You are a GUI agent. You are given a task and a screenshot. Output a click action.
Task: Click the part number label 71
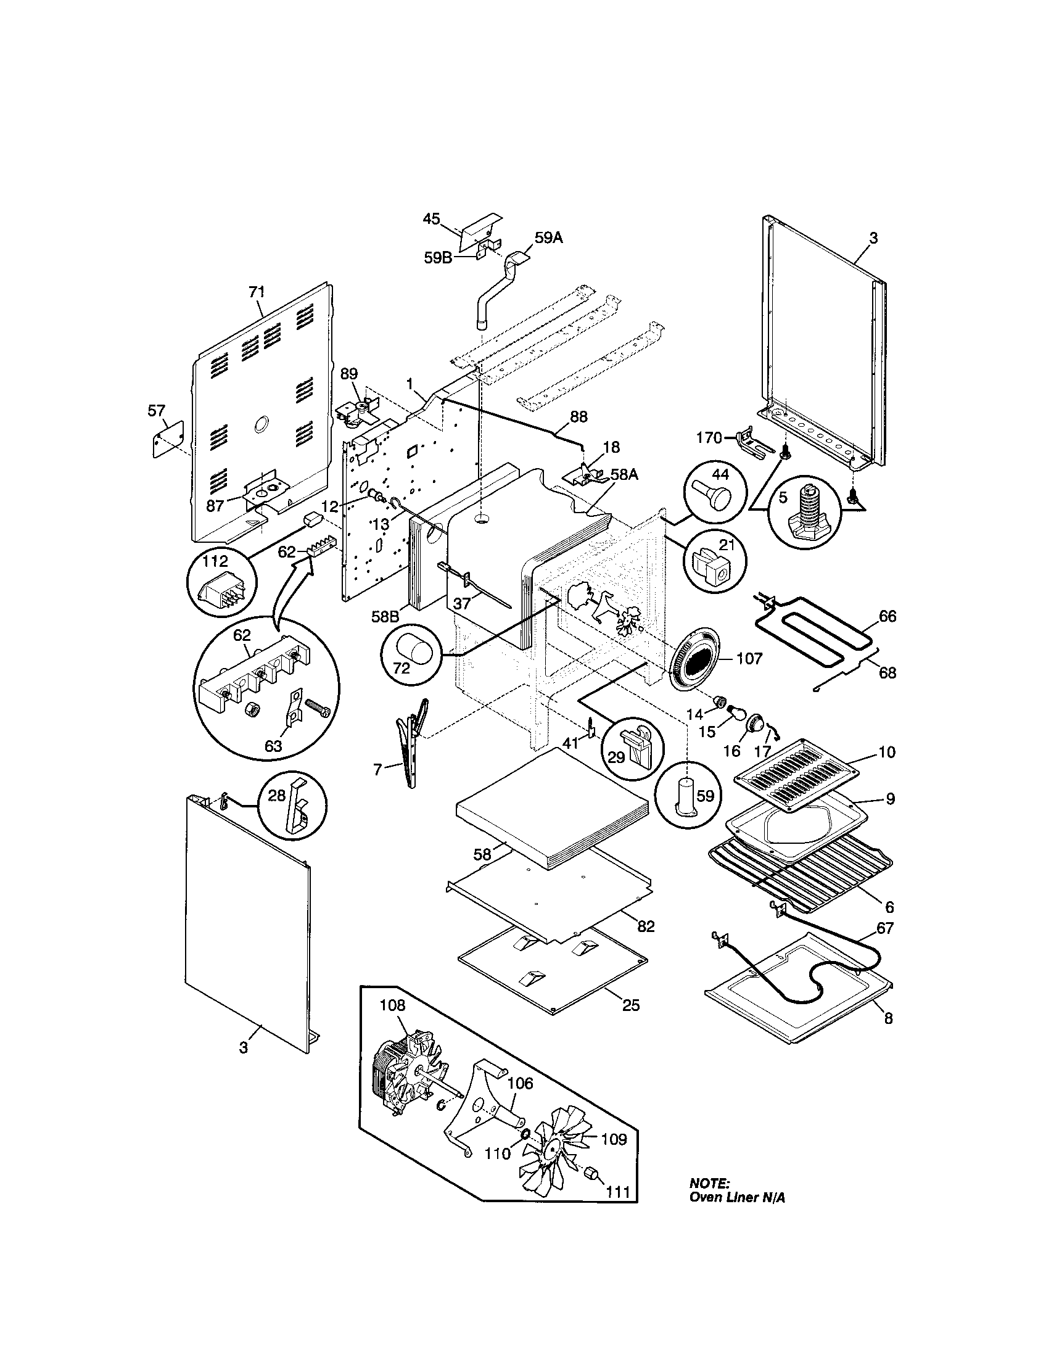tap(257, 291)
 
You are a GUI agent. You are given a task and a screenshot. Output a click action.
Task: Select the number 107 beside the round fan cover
tap(749, 659)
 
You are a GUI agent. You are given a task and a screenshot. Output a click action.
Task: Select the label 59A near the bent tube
tap(548, 237)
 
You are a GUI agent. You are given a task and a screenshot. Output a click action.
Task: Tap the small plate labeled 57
tap(168, 437)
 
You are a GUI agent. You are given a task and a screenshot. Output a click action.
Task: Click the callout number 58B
tap(385, 617)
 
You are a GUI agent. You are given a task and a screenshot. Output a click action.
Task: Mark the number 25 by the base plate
tap(630, 1005)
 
